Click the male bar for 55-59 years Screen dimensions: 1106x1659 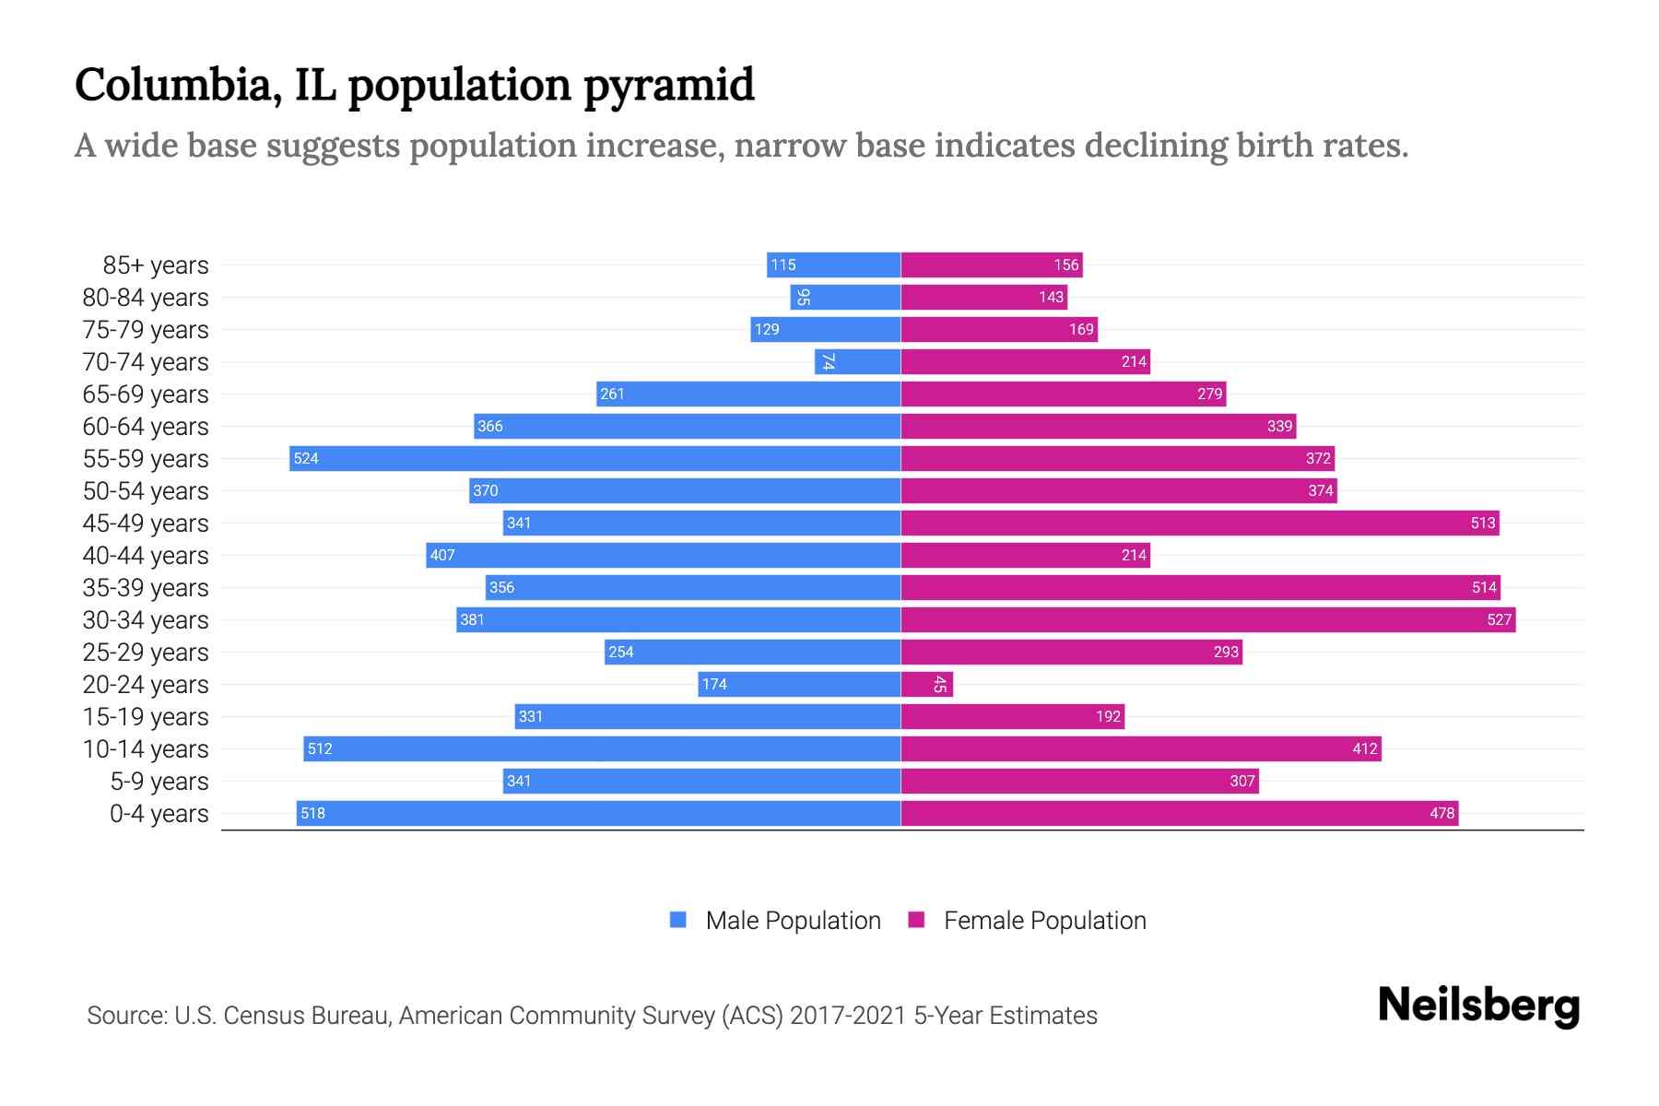(x=594, y=458)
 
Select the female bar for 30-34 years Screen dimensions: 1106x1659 (x=1207, y=619)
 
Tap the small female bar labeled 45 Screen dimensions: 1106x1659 (x=926, y=684)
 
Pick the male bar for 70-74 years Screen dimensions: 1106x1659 (x=857, y=361)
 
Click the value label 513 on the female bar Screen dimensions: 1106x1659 (x=1482, y=523)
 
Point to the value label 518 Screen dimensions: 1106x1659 (x=312, y=813)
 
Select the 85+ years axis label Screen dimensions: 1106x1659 (x=155, y=265)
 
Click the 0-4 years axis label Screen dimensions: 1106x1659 (x=159, y=814)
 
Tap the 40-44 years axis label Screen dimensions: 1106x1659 (x=146, y=556)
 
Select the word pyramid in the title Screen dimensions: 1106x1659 (x=668, y=85)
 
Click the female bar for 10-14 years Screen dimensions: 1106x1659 (x=1140, y=748)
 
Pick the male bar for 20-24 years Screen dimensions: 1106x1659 (x=799, y=684)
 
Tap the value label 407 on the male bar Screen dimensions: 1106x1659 (x=442, y=555)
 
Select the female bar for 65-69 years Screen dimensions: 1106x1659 (x=1063, y=394)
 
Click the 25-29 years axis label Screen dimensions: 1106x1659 (x=146, y=653)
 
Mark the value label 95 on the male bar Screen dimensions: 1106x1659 (x=803, y=297)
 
